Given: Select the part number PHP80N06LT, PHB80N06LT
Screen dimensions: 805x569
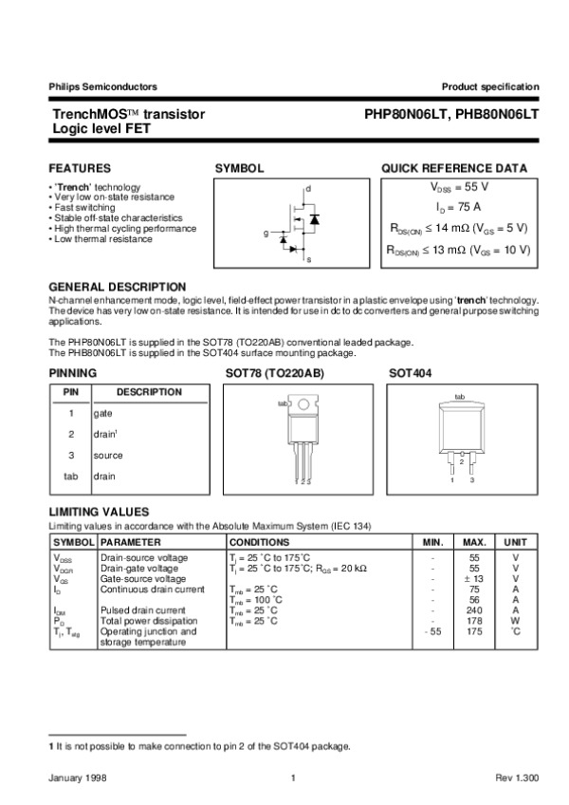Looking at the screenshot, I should pos(451,113).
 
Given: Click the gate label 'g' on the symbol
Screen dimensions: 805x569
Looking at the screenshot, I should pos(266,233).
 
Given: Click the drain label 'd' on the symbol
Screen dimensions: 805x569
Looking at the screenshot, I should pos(307,190).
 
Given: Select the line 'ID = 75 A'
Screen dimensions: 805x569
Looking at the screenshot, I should pos(459,207).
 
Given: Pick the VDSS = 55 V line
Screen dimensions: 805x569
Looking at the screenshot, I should pos(459,186).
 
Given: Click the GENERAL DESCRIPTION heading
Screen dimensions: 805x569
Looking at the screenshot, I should pos(117,287).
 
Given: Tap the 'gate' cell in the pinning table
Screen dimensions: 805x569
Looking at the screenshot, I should pos(103,414).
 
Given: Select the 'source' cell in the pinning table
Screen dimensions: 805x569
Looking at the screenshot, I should pos(108,456).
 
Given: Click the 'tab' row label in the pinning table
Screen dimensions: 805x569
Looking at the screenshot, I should pos(70,477).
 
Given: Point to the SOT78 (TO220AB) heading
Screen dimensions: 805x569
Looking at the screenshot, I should pos(274,374).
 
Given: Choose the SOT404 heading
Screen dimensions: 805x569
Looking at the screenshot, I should pos(410,374).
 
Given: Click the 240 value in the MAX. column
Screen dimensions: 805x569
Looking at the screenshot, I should pos(475,610).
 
